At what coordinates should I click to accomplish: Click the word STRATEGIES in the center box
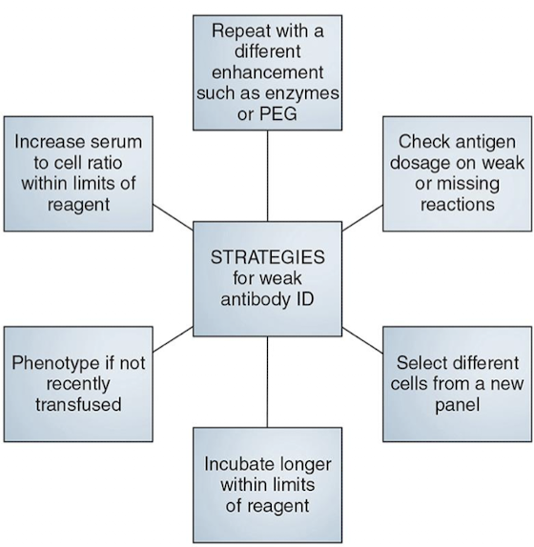tap(268, 257)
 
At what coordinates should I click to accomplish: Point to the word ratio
tap(104, 163)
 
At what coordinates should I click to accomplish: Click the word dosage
tap(420, 164)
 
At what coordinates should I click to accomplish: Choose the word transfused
tap(78, 405)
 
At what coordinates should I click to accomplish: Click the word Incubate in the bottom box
tap(236, 464)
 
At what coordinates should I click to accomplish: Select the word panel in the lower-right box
tap(457, 406)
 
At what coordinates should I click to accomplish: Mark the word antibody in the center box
tap(256, 299)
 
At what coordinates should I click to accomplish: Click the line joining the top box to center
tap(268, 175)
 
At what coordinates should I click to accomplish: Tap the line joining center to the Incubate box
tap(267, 382)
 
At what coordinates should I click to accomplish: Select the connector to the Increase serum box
tap(174, 217)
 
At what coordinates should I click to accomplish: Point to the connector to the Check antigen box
tap(362, 218)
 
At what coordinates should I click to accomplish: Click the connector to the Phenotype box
tap(174, 339)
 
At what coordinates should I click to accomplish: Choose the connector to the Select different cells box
tap(362, 340)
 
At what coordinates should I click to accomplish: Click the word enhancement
tap(268, 72)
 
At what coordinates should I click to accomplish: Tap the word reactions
tap(457, 205)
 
